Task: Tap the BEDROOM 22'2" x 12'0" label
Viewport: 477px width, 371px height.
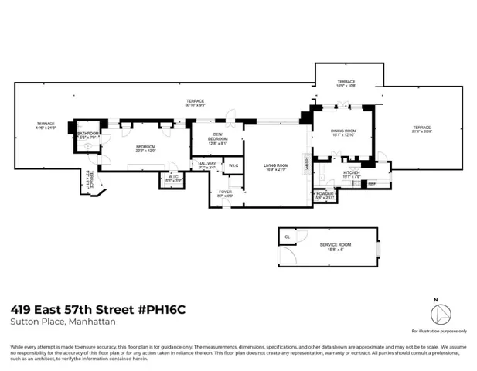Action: tap(145, 148)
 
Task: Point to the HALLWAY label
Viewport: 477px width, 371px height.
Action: tap(206, 165)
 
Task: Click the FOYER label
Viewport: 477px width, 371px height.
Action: tap(225, 193)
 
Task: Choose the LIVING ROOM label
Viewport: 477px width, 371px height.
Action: tap(275, 167)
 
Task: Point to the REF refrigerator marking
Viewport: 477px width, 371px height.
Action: tap(371, 183)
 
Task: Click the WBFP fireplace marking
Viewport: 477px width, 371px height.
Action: tap(307, 165)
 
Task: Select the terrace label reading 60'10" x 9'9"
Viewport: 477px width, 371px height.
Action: tap(194, 103)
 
